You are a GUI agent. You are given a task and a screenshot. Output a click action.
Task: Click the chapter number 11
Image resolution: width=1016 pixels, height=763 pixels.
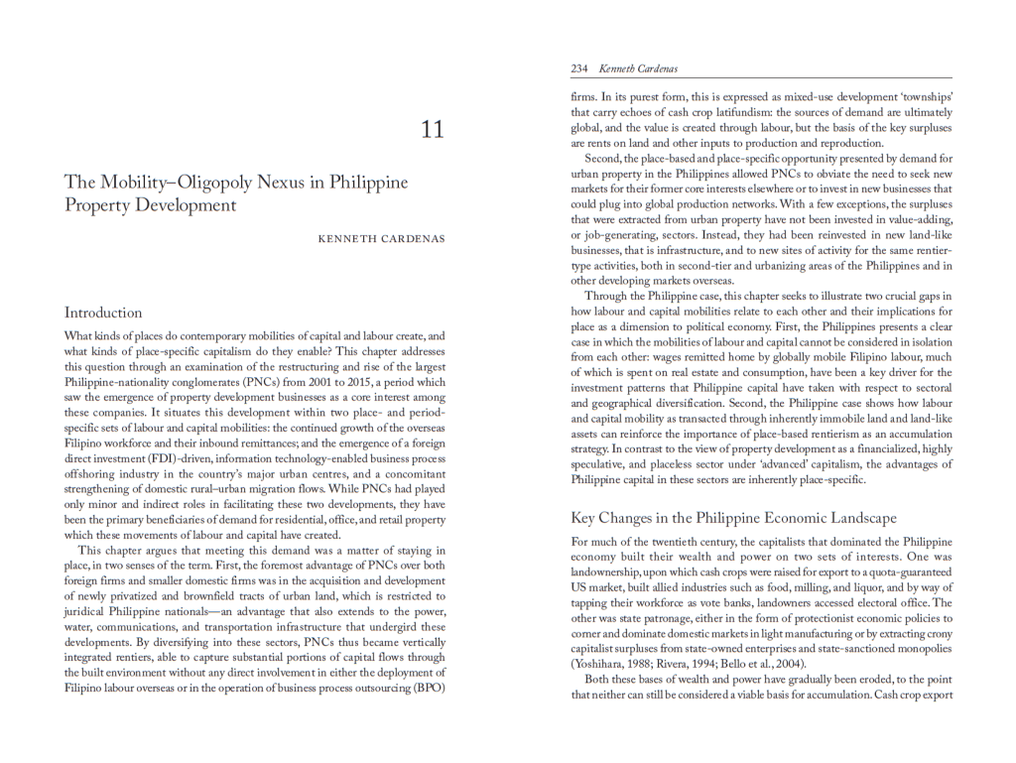(433, 129)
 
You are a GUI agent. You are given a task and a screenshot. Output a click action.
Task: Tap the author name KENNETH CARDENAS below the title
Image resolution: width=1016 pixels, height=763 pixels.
(381, 239)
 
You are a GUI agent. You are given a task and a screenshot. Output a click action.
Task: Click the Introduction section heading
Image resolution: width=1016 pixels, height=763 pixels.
(103, 312)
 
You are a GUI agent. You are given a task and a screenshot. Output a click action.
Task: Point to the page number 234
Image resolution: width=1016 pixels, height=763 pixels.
(579, 68)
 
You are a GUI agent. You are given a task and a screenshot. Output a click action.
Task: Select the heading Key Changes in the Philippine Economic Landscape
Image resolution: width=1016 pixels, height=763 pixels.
(733, 518)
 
